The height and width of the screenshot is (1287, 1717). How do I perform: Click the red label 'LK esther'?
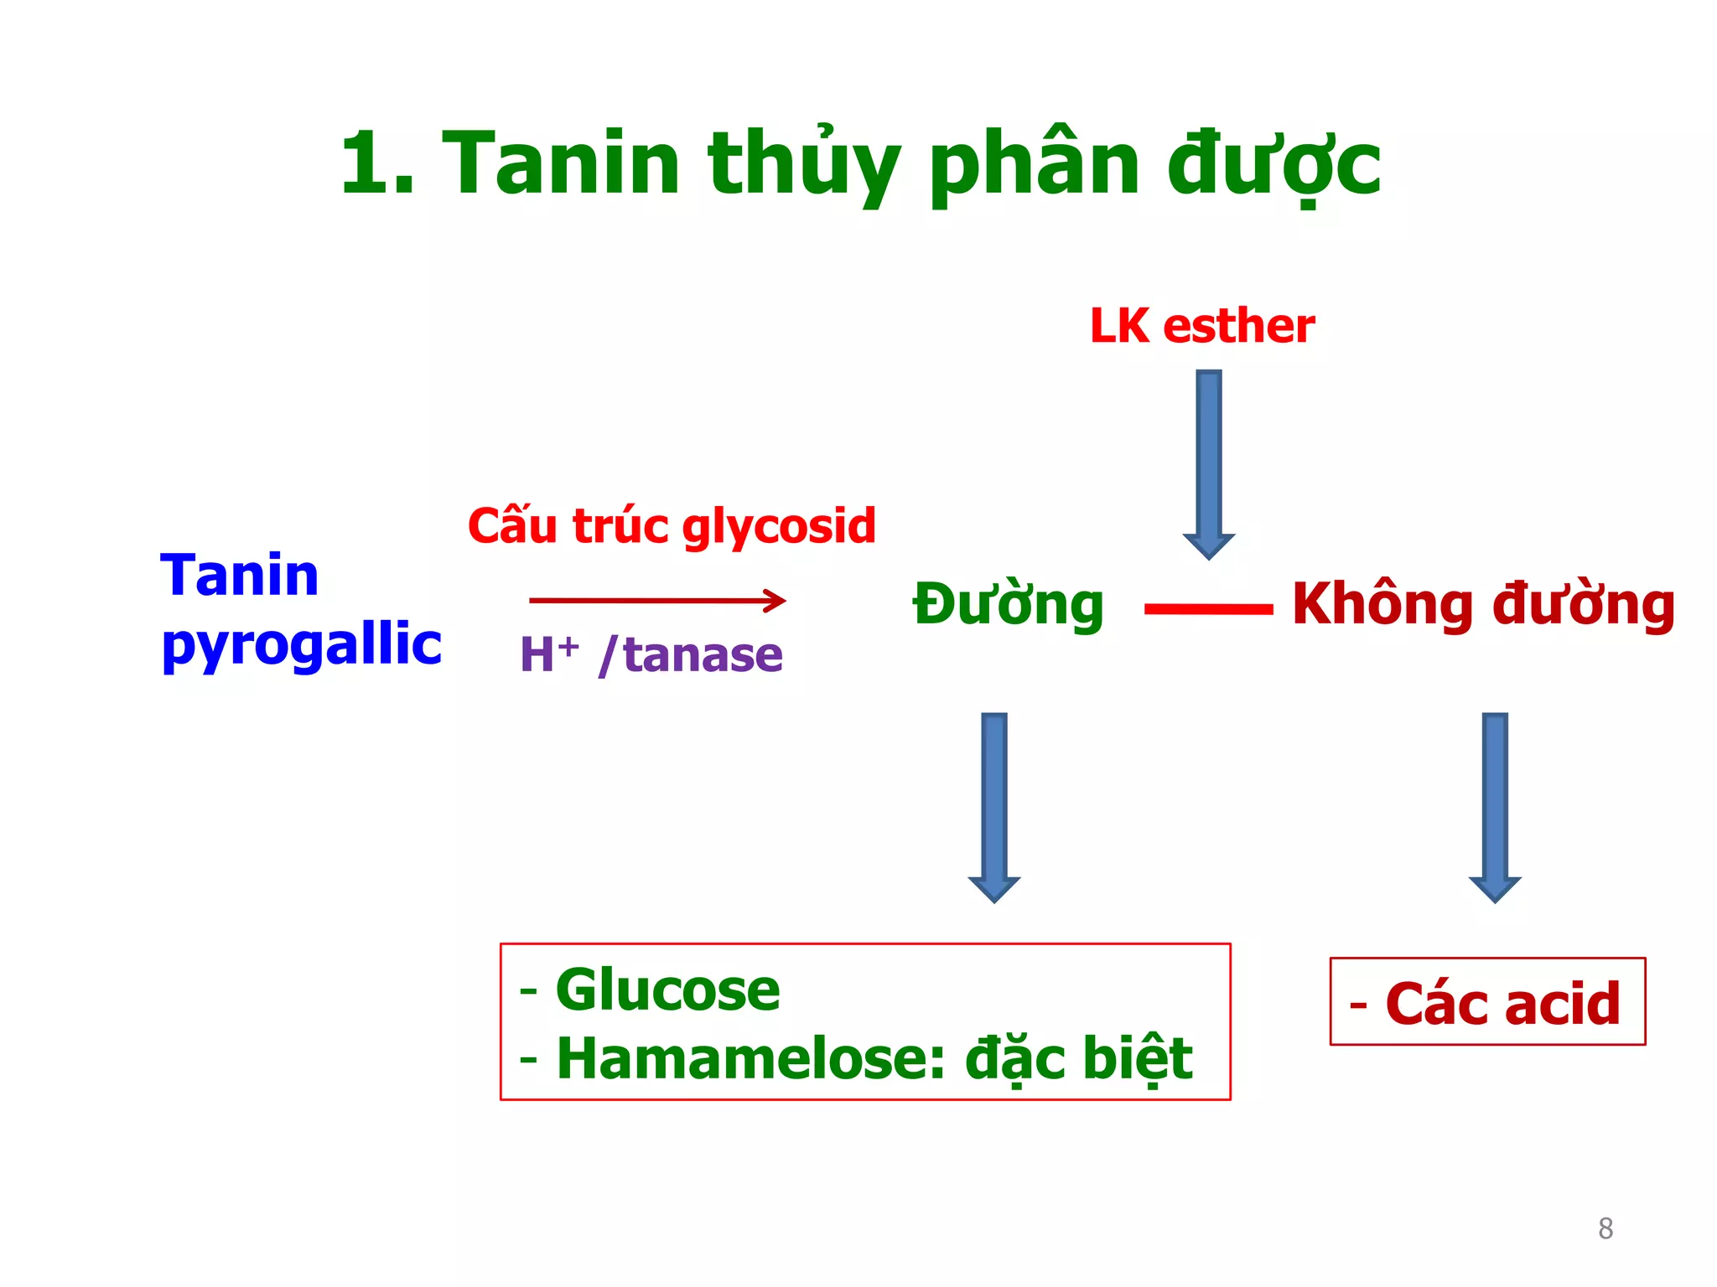1201,326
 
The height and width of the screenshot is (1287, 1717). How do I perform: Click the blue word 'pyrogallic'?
302,645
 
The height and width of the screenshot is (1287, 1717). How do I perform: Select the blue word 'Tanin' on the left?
240,576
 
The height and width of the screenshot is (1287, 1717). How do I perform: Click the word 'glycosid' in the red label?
779,527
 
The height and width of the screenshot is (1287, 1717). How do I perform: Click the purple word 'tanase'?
703,654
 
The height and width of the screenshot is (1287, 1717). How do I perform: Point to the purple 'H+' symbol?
548,654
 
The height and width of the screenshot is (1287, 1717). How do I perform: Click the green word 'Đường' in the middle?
1008,605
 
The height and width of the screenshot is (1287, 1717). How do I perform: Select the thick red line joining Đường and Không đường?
1208,609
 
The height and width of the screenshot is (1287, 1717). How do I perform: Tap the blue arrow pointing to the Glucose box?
993,804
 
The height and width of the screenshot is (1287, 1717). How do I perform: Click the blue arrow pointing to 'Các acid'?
1494,804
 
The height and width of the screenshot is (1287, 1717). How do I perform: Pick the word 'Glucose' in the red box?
667,990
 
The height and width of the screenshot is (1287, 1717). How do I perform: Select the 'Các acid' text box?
1487,1002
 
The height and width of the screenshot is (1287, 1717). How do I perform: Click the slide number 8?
1605,1228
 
